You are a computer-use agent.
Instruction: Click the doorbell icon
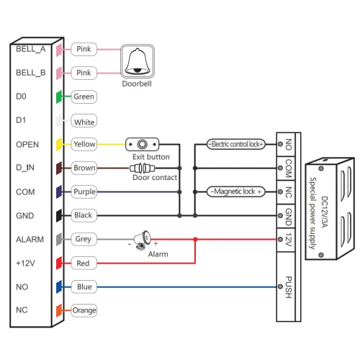click(138, 61)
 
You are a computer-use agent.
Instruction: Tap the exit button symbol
click(142, 144)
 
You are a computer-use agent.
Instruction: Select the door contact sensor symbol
click(143, 168)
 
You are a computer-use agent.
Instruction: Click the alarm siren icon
click(143, 240)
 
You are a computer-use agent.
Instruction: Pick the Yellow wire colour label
click(84, 144)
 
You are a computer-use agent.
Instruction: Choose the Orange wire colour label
click(84, 310)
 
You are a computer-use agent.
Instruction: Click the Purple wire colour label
click(84, 192)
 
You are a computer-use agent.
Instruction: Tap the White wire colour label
click(84, 121)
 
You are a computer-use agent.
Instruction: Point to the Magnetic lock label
click(236, 192)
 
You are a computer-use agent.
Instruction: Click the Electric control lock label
click(236, 144)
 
